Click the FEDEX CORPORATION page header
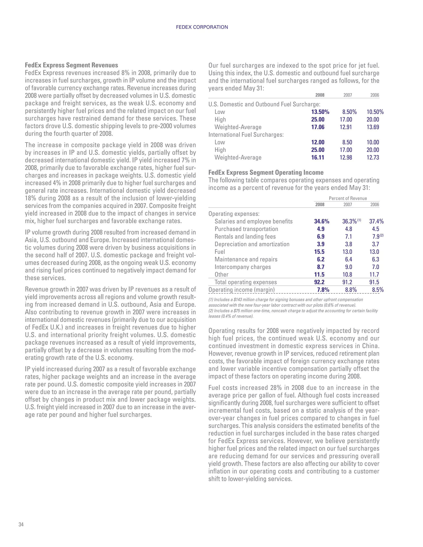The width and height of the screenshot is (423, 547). coord(202,27)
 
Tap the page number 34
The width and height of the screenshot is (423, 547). coord(21,525)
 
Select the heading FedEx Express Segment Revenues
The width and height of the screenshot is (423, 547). coord(71,65)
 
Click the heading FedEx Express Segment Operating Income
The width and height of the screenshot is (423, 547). coord(266,172)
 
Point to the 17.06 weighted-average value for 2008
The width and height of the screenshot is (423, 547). coord(318,127)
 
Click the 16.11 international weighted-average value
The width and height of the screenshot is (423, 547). coord(318,157)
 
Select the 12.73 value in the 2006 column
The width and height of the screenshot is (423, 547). coord(373,157)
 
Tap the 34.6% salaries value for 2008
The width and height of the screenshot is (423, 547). coord(322,221)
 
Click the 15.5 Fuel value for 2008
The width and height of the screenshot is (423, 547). coord(319,252)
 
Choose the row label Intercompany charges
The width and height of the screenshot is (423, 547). coord(242,267)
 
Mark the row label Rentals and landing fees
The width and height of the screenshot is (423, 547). coord(245,237)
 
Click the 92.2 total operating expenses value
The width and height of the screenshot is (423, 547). coord(319,282)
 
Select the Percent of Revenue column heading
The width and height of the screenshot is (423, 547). coord(348,198)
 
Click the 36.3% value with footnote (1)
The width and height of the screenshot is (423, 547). coord(349,221)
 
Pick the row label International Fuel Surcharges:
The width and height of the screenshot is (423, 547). coord(246,135)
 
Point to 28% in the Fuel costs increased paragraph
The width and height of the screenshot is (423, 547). coord(276,388)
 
